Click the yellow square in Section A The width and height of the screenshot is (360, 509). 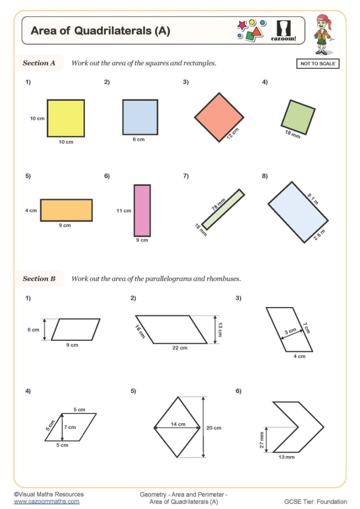[x=66, y=118]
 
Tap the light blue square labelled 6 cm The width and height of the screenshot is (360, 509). [x=140, y=117]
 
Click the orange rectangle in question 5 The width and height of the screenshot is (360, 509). [x=66, y=210]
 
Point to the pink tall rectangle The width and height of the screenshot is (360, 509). [x=142, y=210]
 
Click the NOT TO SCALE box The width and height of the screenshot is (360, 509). [x=317, y=64]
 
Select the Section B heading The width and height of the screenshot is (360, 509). [x=39, y=279]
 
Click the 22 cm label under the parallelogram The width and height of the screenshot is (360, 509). [x=179, y=348]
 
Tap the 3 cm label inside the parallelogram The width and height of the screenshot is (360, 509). [x=290, y=332]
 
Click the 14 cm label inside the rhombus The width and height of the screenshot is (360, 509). [x=178, y=424]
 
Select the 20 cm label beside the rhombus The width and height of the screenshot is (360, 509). [x=213, y=428]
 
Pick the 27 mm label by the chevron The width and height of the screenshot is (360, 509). [x=262, y=439]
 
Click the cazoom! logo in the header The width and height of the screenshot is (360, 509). [x=283, y=30]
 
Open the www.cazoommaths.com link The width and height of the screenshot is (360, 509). [x=46, y=501]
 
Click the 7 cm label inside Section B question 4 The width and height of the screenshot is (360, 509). [x=70, y=427]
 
